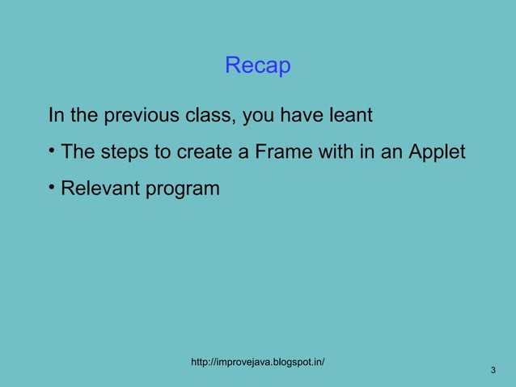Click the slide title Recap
point(257,66)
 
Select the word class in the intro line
point(209,116)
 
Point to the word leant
point(349,116)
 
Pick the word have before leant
point(299,116)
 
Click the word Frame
point(281,152)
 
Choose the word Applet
point(437,152)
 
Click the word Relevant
point(99,189)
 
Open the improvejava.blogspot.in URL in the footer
point(257,362)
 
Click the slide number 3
point(493,371)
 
